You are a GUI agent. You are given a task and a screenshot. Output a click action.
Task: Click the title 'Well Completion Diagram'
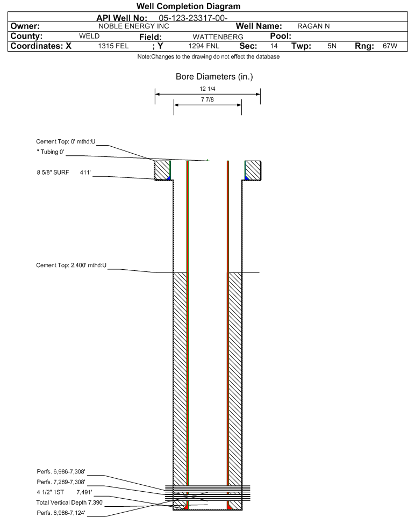tap(188, 6)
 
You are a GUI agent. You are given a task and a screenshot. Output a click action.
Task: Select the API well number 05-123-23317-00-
tap(194, 18)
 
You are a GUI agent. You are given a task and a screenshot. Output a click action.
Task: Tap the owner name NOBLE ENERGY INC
tap(134, 26)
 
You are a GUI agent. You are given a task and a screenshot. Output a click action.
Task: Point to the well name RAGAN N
tap(313, 26)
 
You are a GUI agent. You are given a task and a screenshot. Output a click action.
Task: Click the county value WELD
tap(89, 36)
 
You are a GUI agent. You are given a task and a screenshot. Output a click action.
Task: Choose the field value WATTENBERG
tap(218, 37)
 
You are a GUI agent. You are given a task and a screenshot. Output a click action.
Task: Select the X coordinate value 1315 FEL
tap(113, 46)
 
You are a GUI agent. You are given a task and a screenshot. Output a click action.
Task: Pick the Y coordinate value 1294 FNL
tap(204, 46)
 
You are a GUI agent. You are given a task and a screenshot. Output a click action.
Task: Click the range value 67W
tap(390, 46)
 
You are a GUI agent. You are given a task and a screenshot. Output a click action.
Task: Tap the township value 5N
tap(332, 46)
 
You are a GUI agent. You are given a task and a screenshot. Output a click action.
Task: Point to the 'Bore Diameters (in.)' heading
tap(214, 77)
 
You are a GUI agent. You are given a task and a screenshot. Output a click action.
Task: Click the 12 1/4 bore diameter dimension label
tap(207, 89)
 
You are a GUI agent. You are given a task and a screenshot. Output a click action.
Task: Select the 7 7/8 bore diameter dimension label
tap(207, 99)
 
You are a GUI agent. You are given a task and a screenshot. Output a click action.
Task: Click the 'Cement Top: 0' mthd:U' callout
tap(66, 142)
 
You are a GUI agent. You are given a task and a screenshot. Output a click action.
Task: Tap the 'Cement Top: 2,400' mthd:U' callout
tap(71, 265)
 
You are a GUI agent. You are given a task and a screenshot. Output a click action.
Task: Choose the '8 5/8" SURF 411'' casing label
tap(63, 173)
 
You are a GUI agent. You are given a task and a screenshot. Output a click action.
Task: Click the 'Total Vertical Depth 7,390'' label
tap(70, 502)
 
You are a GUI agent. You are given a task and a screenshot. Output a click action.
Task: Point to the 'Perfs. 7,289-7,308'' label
tap(61, 482)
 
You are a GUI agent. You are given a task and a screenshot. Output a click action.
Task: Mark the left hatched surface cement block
tap(162, 170)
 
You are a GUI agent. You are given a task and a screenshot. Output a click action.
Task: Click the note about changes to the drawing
tap(209, 57)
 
